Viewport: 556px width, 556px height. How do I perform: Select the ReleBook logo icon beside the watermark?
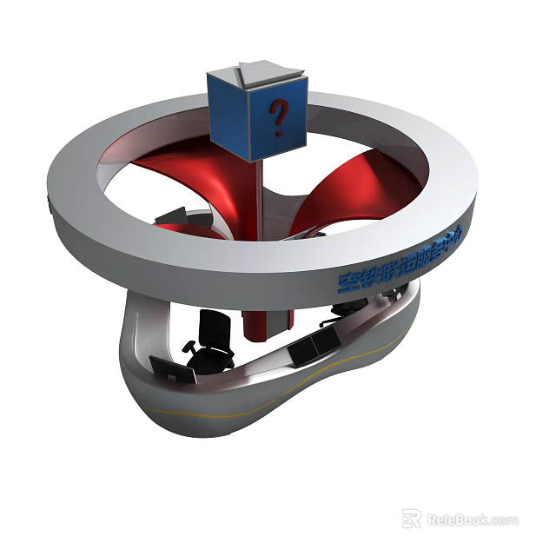(x=412, y=519)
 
